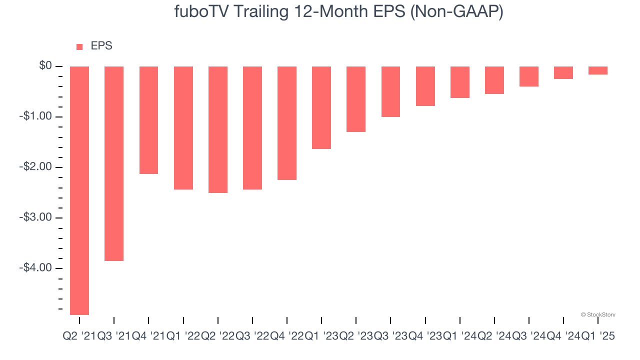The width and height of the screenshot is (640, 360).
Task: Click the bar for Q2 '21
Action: pyautogui.click(x=79, y=190)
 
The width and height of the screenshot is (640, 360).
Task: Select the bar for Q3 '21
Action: pyautogui.click(x=114, y=163)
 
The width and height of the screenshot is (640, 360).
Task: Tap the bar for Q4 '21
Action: pyautogui.click(x=148, y=120)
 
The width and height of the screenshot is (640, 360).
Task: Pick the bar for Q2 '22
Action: pyautogui.click(x=218, y=129)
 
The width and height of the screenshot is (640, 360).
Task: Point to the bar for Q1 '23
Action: pyautogui.click(x=321, y=107)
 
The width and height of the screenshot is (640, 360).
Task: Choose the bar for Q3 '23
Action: pyautogui.click(x=390, y=91)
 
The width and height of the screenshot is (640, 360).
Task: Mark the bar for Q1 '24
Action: pyautogui.click(x=459, y=82)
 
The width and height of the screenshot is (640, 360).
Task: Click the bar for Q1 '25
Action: pyautogui.click(x=598, y=70)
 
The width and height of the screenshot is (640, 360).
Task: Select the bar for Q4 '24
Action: pyautogui.click(x=563, y=72)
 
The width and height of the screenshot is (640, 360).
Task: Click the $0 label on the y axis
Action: pyautogui.click(x=45, y=66)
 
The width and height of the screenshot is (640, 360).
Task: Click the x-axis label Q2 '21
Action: pyautogui.click(x=79, y=336)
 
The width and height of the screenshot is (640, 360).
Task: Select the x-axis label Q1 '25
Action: pyautogui.click(x=597, y=336)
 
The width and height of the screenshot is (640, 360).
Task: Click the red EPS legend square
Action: pyautogui.click(x=79, y=47)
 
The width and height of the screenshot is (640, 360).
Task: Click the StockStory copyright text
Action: pyautogui.click(x=598, y=314)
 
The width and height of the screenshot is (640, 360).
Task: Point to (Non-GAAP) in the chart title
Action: pyautogui.click(x=456, y=11)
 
